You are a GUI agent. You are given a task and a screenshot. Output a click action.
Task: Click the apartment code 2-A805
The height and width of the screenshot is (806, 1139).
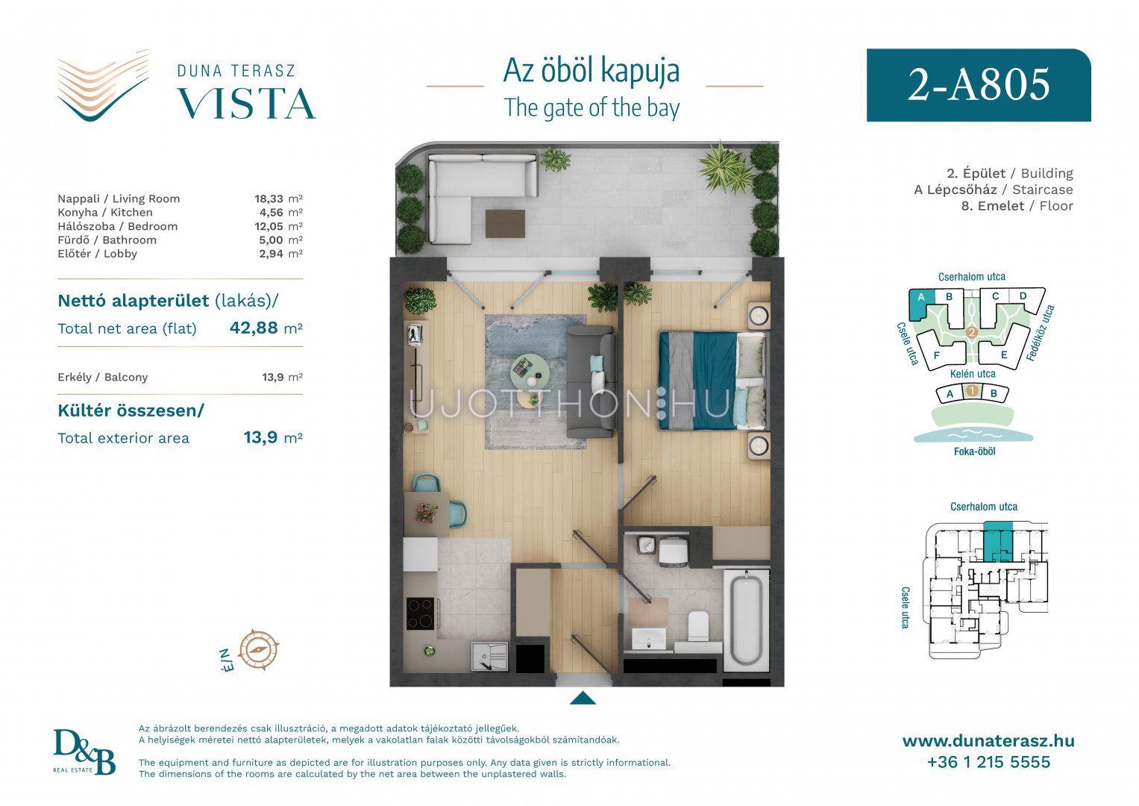(979, 84)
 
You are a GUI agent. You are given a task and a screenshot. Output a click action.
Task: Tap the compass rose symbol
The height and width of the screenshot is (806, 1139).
(259, 649)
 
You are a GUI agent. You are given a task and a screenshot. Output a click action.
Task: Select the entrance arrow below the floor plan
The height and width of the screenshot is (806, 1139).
(583, 698)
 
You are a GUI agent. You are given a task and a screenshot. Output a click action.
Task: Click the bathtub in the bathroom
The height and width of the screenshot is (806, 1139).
(745, 620)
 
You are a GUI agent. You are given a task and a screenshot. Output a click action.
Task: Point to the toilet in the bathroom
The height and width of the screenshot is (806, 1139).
(698, 626)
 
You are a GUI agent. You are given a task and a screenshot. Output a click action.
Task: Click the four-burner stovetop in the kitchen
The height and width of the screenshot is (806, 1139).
(421, 613)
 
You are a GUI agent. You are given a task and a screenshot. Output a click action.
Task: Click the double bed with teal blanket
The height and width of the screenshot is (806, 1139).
(712, 381)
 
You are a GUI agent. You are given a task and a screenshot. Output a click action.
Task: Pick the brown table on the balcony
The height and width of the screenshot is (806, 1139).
(505, 224)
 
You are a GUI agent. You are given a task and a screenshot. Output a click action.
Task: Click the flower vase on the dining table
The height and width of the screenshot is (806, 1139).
(426, 513)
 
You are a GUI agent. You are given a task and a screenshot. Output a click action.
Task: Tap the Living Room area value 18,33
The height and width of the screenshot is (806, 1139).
(269, 199)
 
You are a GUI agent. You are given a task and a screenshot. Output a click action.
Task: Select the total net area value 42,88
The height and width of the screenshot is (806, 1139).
(254, 328)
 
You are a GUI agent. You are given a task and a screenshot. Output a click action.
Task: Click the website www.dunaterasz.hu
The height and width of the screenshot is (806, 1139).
(988, 741)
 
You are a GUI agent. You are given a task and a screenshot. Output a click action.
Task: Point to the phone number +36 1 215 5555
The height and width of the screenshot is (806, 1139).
(988, 762)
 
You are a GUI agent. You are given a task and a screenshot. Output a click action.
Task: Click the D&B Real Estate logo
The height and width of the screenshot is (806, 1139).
(84, 752)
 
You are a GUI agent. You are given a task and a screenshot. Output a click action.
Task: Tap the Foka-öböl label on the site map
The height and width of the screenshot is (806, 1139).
(974, 452)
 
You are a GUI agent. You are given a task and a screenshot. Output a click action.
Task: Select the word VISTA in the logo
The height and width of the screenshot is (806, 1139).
(246, 104)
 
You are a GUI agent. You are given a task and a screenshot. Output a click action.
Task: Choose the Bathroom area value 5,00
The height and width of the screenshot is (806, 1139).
(271, 240)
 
